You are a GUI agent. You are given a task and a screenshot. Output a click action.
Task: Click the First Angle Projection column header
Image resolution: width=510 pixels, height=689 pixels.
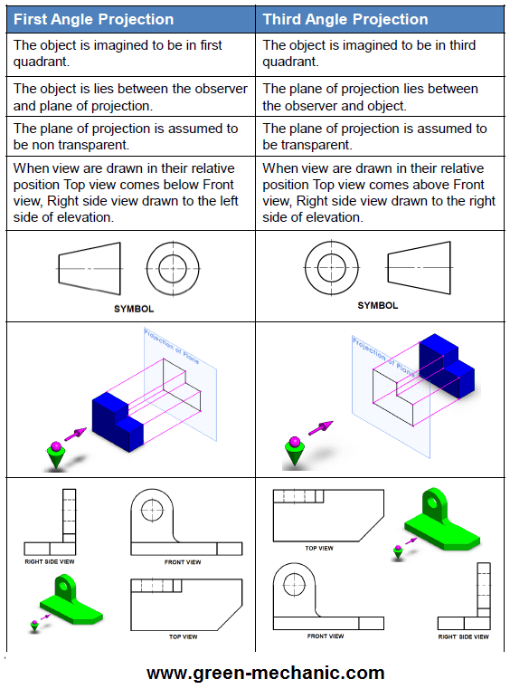point(93,19)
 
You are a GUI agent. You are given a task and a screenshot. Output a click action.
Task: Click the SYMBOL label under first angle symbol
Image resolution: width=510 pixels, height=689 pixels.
point(133,309)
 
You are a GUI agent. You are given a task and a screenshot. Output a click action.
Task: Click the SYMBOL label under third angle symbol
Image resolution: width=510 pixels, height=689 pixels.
point(377,305)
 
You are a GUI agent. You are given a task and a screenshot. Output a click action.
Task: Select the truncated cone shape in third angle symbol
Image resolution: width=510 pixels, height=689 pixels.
point(418,267)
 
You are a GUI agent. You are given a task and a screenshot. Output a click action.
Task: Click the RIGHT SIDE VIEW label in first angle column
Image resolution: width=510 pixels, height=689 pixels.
point(49,562)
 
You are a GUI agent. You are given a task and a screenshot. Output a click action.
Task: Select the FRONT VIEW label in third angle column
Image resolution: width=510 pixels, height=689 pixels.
point(325,636)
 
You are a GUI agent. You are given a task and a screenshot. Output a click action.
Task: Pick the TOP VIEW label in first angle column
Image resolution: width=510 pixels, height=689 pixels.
point(183,636)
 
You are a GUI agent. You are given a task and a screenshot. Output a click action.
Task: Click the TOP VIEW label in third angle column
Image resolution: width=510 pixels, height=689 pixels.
point(318,548)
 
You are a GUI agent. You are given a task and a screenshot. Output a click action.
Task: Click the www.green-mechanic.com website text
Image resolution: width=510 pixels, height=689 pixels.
point(265,673)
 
